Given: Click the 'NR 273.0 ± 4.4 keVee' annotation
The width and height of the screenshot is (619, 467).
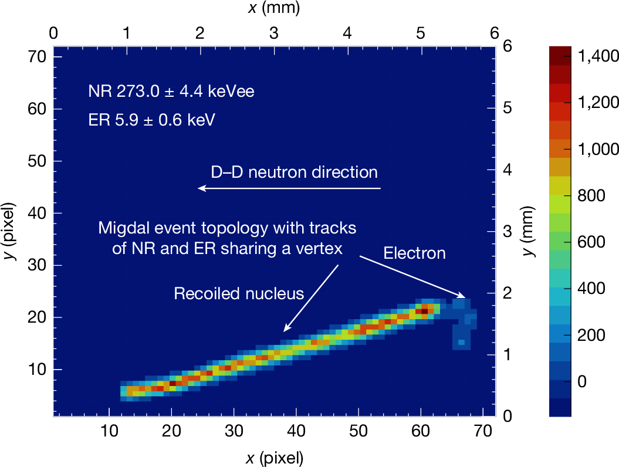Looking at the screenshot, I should pyautogui.click(x=171, y=92).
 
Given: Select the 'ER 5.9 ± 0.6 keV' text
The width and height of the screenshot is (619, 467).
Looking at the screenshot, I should pyautogui.click(x=151, y=120).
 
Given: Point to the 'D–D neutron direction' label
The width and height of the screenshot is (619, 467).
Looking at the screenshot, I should pyautogui.click(x=294, y=172).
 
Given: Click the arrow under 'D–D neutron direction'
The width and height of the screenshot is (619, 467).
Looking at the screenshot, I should pyautogui.click(x=289, y=188).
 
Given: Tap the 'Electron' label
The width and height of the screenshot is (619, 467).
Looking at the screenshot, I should pyautogui.click(x=414, y=253).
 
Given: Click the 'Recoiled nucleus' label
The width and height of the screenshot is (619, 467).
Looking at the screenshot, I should pyautogui.click(x=239, y=293).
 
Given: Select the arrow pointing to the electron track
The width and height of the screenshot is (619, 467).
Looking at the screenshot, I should pyautogui.click(x=413, y=277).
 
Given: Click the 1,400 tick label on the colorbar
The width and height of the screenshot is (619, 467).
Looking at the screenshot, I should pyautogui.click(x=598, y=56).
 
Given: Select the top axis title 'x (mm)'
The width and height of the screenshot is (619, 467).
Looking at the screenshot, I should pyautogui.click(x=274, y=8).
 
